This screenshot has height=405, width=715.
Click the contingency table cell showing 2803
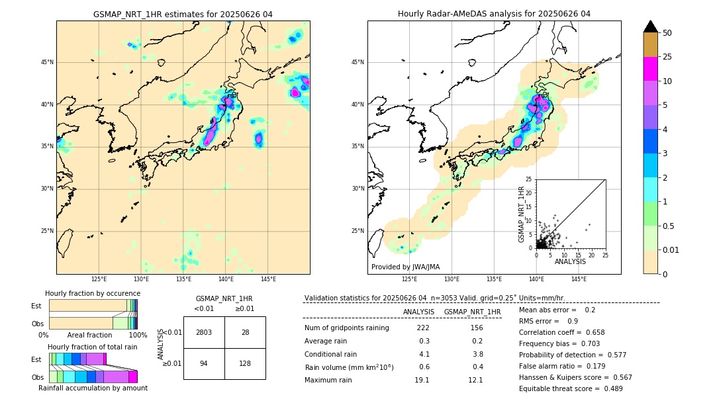204,332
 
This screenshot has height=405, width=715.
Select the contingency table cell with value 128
245,363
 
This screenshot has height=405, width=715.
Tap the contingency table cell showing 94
204,363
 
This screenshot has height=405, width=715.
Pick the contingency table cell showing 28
245,332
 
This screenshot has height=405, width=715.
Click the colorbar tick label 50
667,33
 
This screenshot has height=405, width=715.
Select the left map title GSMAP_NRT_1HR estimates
183,14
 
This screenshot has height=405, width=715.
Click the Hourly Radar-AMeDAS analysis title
494,14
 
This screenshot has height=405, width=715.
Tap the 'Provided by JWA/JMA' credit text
405,267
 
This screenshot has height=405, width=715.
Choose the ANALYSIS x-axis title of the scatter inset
570,261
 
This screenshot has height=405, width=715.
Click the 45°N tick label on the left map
47,62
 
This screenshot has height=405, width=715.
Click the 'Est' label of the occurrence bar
36,306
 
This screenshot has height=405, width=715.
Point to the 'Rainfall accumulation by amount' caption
93,388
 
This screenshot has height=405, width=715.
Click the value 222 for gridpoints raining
423,328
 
